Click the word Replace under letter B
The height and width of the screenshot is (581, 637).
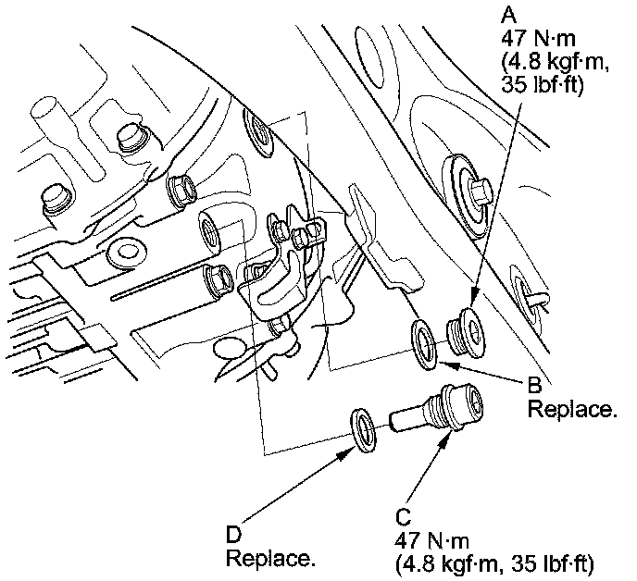pyautogui.click(x=572, y=408)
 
